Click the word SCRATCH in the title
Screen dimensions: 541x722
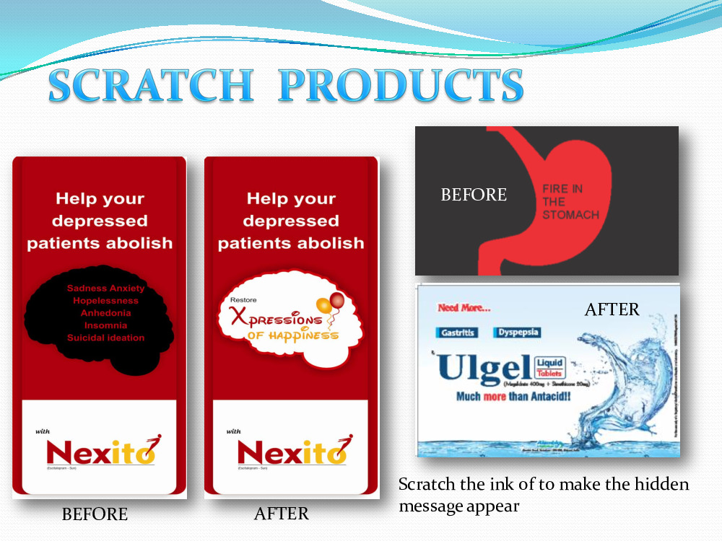click(150, 86)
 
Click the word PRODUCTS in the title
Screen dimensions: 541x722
click(401, 86)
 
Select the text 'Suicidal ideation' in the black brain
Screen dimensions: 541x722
click(105, 338)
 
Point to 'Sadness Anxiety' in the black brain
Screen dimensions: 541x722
click(105, 289)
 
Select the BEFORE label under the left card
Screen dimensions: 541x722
click(95, 514)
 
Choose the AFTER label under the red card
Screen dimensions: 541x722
click(282, 514)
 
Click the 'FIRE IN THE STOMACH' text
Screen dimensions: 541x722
click(570, 202)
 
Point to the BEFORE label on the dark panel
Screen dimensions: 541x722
click(474, 195)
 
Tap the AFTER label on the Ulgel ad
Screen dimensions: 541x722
click(612, 309)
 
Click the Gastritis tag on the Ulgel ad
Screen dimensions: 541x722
click(458, 333)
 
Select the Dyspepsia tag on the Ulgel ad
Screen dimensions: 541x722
click(518, 333)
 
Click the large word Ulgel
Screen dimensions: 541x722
click(482, 368)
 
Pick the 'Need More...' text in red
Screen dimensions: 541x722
click(464, 308)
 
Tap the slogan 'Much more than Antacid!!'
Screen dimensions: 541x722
click(514, 396)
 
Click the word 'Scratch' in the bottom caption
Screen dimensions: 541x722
click(427, 484)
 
